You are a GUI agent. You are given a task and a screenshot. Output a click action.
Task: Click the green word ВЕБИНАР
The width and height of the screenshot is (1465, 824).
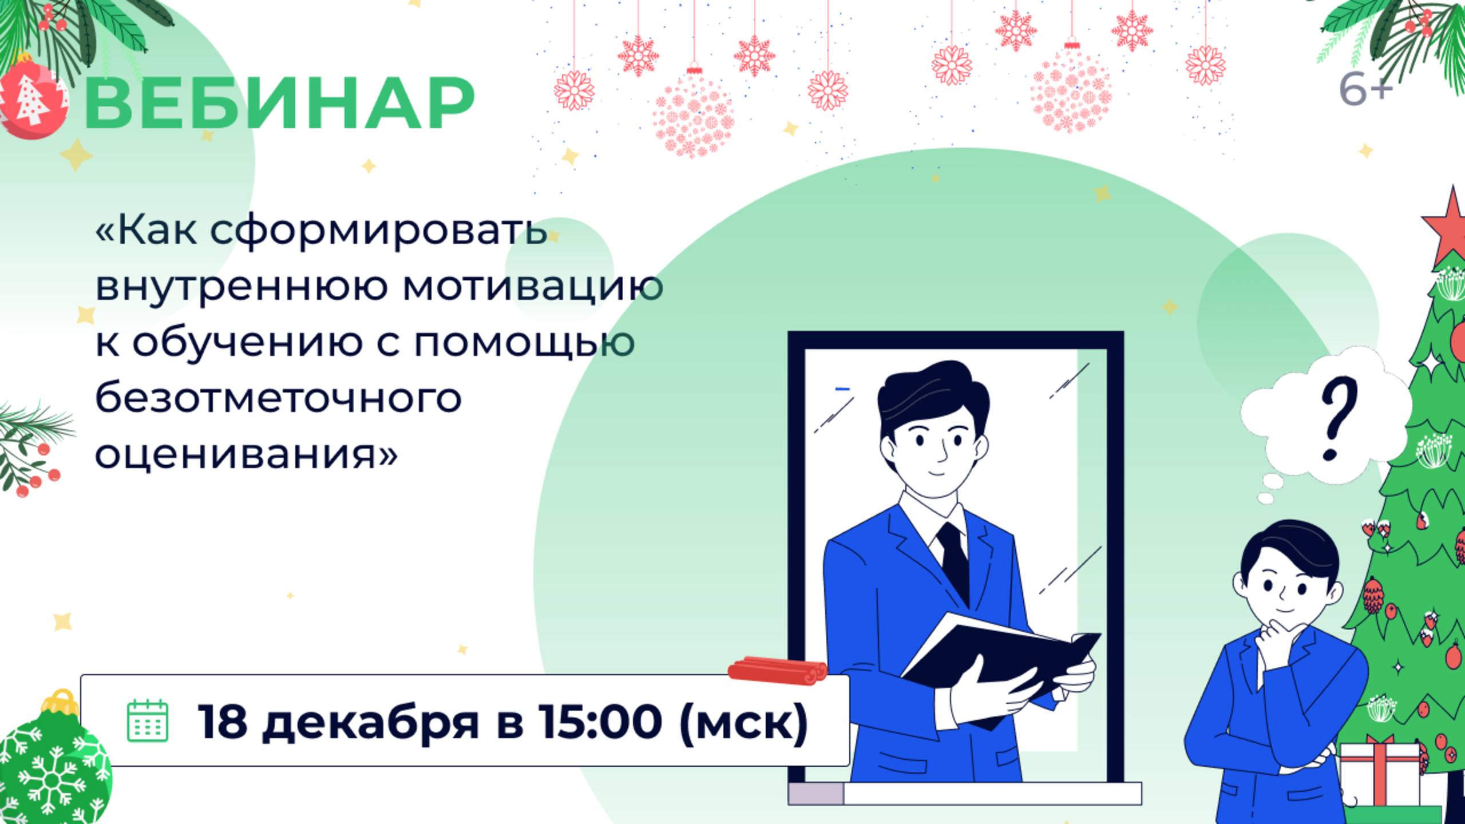[279, 104]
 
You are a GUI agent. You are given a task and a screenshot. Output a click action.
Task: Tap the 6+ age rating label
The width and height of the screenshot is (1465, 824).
[1365, 90]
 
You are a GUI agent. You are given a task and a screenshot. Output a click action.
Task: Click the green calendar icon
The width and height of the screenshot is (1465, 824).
[147, 720]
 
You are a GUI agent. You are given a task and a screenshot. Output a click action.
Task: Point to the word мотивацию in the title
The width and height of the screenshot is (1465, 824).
[533, 286]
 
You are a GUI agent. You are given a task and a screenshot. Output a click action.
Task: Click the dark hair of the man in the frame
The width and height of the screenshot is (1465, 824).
[933, 389]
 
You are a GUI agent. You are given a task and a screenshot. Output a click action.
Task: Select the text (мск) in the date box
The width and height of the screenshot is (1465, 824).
[743, 722]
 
